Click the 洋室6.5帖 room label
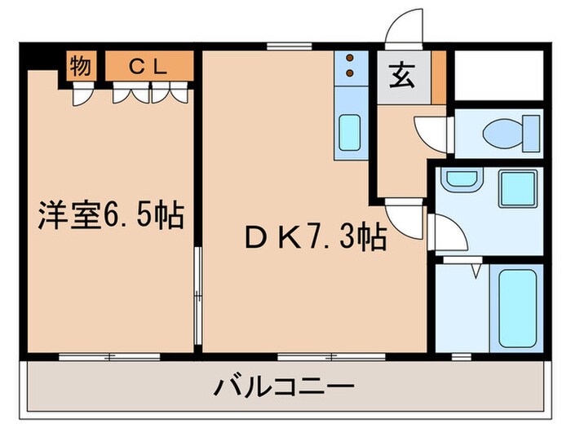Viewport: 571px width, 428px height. click(111, 216)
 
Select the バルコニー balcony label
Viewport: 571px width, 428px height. click(285, 384)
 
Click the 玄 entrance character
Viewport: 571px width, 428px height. click(401, 77)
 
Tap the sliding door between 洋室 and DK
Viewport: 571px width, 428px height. click(197, 293)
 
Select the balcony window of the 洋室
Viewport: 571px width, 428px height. click(111, 355)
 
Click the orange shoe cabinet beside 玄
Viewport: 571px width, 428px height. click(439, 77)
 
